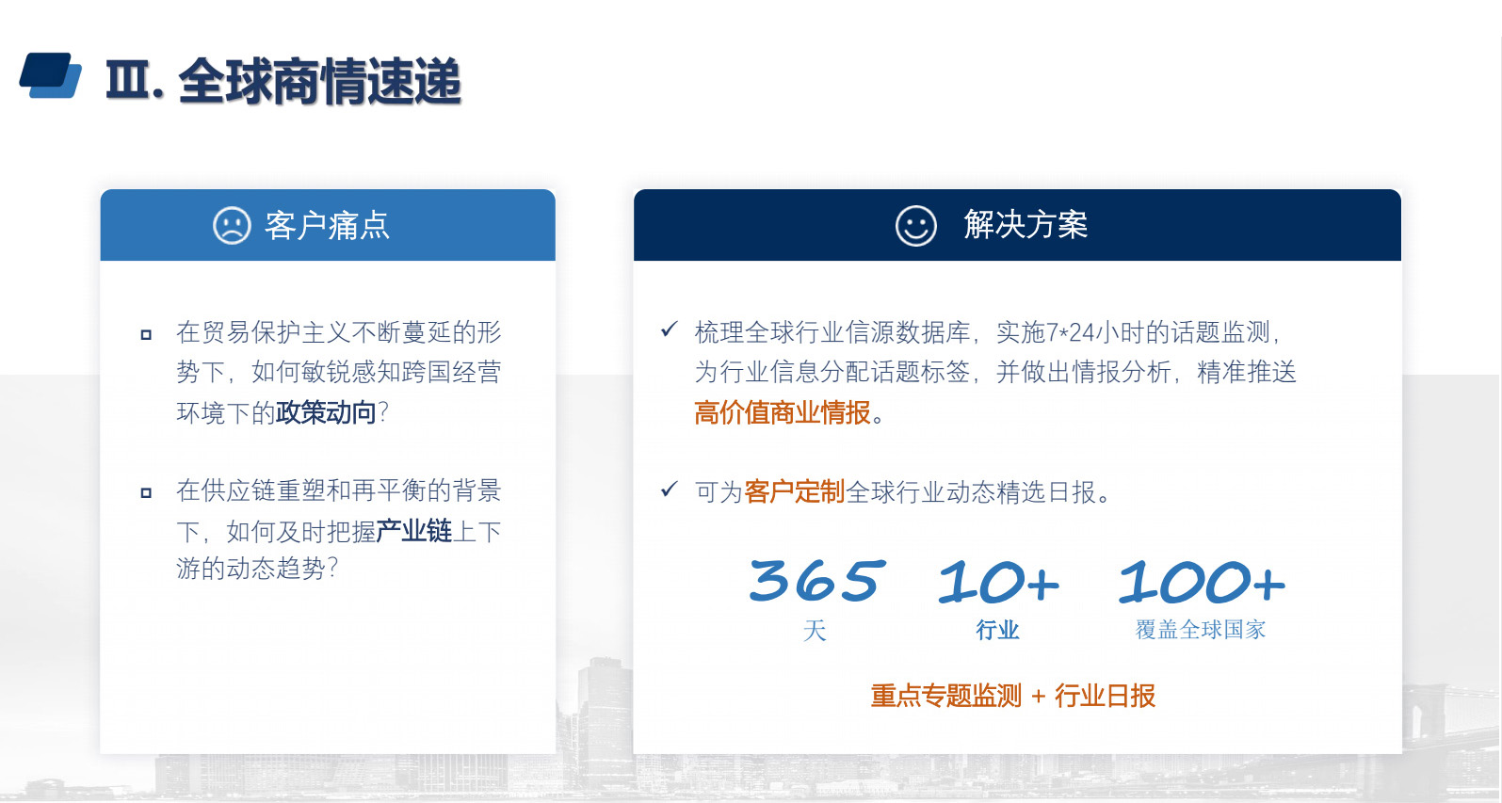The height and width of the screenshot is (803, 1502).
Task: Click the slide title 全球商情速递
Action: coord(319,82)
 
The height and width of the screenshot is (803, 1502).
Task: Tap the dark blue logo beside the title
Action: coord(50,75)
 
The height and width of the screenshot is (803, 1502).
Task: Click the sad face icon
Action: coord(232,225)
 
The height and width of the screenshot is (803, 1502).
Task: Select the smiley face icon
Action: coord(916,225)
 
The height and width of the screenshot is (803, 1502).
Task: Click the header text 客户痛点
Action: coord(327,225)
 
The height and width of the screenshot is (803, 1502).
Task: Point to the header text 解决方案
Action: coord(1026,225)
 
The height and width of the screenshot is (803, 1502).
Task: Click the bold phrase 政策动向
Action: coord(326,412)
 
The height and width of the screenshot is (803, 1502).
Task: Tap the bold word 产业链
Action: coord(413,531)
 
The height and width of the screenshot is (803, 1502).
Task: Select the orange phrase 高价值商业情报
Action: coord(782,412)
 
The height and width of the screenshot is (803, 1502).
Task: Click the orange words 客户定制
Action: coord(794,491)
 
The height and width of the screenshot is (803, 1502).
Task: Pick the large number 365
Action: coord(816,580)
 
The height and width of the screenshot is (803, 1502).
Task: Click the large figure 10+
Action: coord(998,581)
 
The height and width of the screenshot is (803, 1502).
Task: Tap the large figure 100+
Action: coord(1202,581)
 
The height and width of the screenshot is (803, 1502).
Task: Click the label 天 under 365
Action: coord(815,630)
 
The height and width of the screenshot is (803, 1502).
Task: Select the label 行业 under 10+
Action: coord(998,630)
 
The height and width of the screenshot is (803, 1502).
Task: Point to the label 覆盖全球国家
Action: coord(1201,630)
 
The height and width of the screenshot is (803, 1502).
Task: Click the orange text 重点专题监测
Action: coord(945,696)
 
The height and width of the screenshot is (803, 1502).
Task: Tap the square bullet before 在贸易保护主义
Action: coord(146,334)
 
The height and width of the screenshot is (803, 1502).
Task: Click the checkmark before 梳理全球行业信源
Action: coord(670,329)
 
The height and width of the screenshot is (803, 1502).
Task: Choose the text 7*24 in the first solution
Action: coord(1070,332)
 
